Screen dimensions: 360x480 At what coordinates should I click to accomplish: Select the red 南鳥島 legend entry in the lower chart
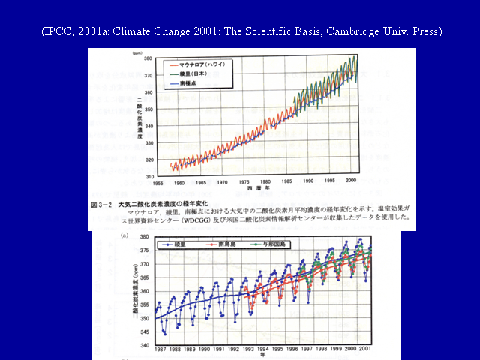pyautogui.click(x=226, y=244)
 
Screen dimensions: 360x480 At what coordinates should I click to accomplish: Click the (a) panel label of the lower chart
pyautogui.click(x=124, y=235)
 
